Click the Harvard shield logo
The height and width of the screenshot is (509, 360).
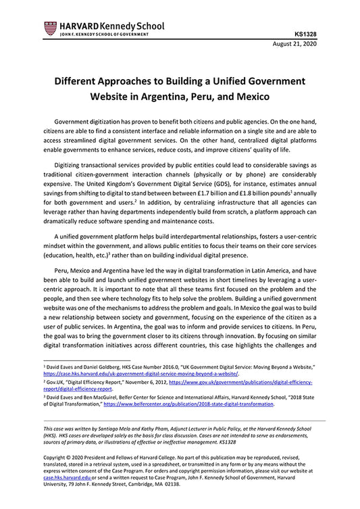[x=50, y=28]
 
